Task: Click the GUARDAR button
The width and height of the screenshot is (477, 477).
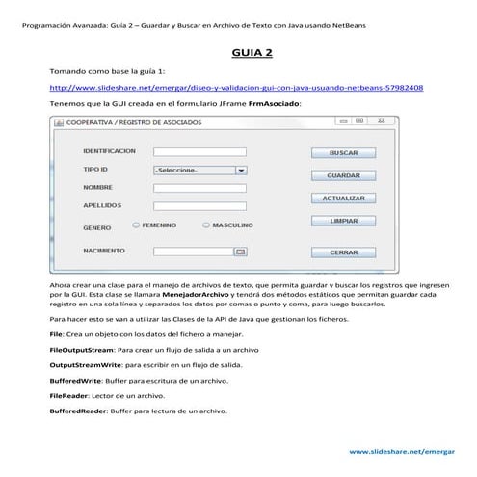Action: coord(344,176)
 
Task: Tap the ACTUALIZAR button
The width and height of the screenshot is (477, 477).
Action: coord(344,199)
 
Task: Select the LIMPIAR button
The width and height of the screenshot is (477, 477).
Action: coord(344,221)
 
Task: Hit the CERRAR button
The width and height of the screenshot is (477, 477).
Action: coord(344,252)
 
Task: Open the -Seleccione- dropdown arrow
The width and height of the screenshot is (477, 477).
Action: coord(241,170)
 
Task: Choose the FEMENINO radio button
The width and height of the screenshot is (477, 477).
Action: coord(136,225)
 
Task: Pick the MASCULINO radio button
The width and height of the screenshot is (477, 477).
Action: coord(205,225)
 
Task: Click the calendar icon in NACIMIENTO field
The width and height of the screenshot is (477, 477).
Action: coord(241,252)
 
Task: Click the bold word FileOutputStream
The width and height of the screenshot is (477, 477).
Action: coord(85,349)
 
